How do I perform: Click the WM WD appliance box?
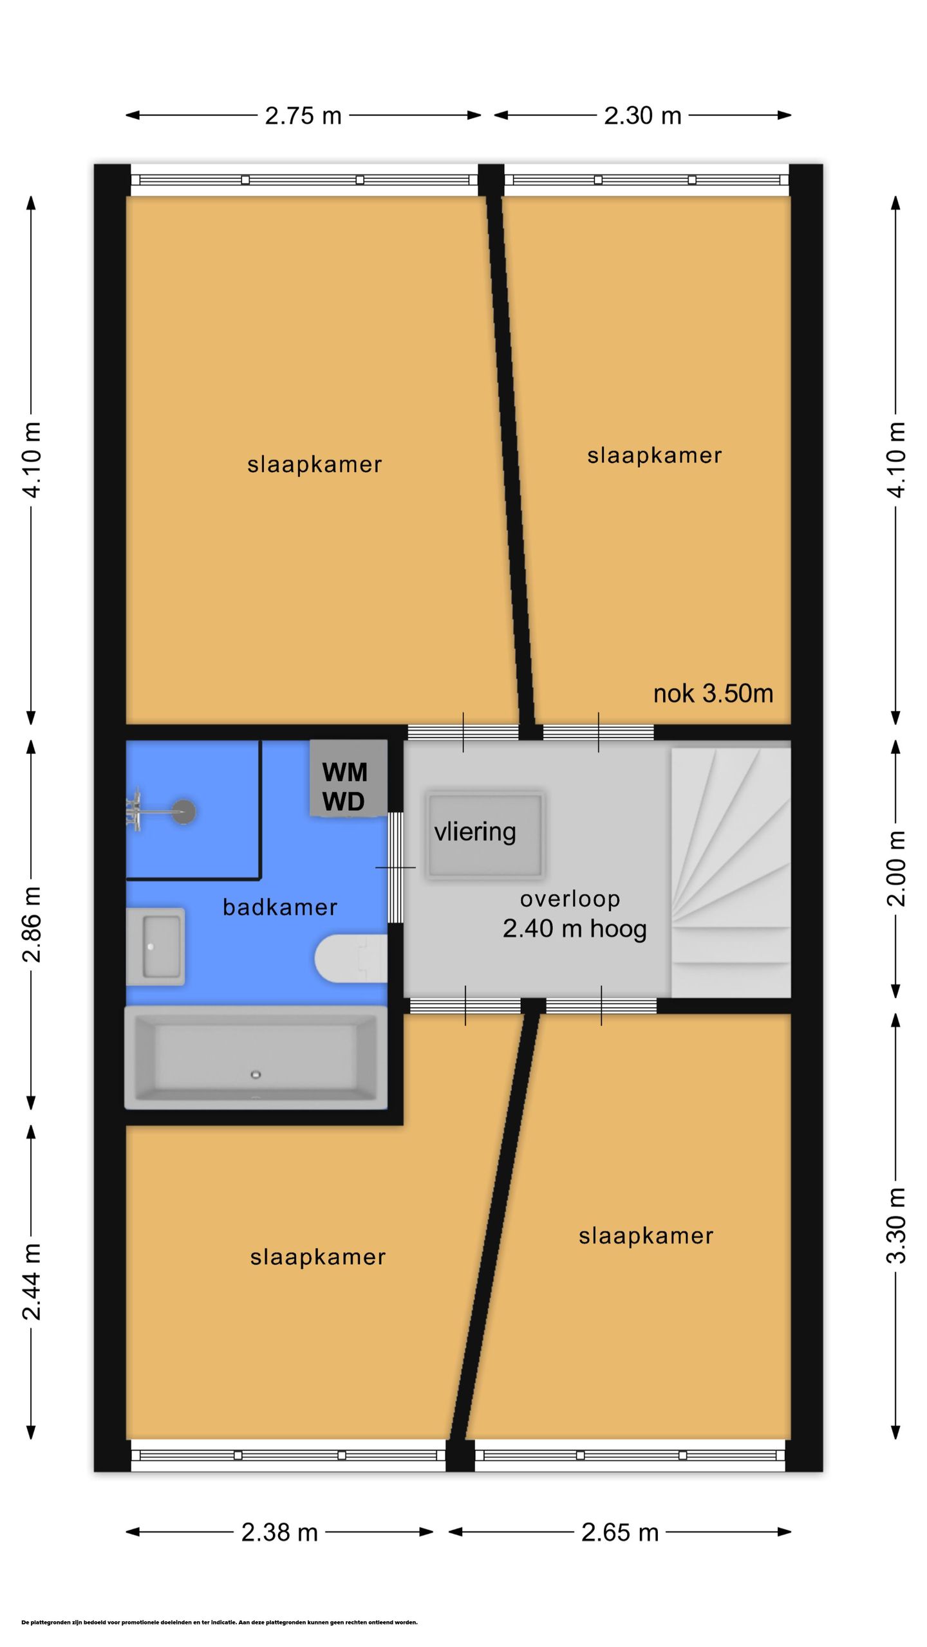[x=348, y=778]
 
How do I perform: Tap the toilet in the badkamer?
[x=351, y=958]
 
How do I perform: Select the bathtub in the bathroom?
[x=256, y=1058]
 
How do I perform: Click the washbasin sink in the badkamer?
[x=155, y=946]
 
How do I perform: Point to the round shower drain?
[x=184, y=812]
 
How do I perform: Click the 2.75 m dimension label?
[x=303, y=116]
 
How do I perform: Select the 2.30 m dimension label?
[x=642, y=116]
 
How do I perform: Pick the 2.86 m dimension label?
[x=32, y=924]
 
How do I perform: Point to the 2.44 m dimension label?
[x=32, y=1282]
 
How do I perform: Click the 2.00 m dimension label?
[x=896, y=869]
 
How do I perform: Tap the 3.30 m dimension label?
[x=896, y=1226]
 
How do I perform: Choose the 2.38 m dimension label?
[x=279, y=1532]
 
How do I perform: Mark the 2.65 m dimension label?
[x=620, y=1532]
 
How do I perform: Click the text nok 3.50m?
[x=713, y=694]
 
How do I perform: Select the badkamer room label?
[x=280, y=907]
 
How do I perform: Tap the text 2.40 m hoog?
[x=575, y=929]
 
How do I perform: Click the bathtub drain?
[x=256, y=1074]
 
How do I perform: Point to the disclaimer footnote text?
[x=220, y=1623]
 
